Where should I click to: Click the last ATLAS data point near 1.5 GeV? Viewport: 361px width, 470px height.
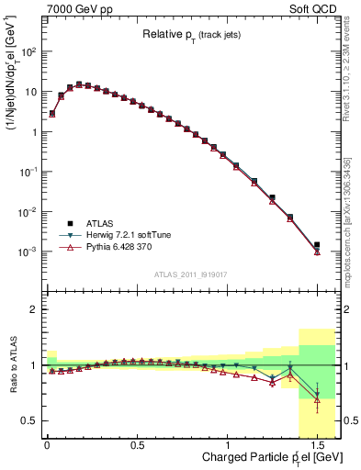pos(317,245)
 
